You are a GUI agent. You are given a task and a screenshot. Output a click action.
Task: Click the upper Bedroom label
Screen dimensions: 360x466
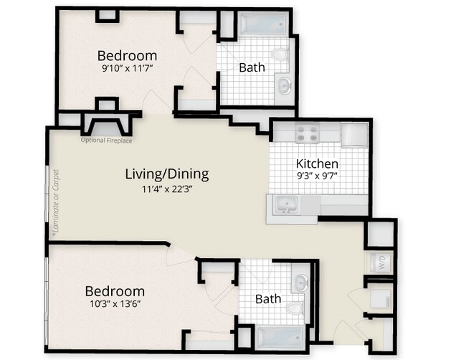coord(127,56)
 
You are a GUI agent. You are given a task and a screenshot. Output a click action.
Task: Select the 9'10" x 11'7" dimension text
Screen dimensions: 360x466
coord(127,70)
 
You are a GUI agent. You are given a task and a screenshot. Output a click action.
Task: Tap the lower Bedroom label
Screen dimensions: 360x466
coord(115,291)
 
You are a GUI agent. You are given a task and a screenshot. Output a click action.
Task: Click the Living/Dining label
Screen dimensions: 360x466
coord(167,174)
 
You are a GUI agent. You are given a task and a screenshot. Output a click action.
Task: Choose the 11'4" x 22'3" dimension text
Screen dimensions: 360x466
coord(167,189)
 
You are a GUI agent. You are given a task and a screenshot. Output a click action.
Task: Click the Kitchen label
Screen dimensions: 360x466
coord(317,164)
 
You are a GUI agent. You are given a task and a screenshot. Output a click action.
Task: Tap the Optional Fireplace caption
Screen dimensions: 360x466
coord(106,140)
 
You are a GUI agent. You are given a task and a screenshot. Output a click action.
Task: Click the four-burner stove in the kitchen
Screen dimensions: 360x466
coord(308,133)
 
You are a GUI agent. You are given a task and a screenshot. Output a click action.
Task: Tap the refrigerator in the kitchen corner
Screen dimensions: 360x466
coord(354,135)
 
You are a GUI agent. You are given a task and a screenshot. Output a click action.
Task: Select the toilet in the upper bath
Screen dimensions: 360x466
coord(280,55)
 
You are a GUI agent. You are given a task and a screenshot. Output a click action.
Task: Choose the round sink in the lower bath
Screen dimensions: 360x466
coord(300,280)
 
